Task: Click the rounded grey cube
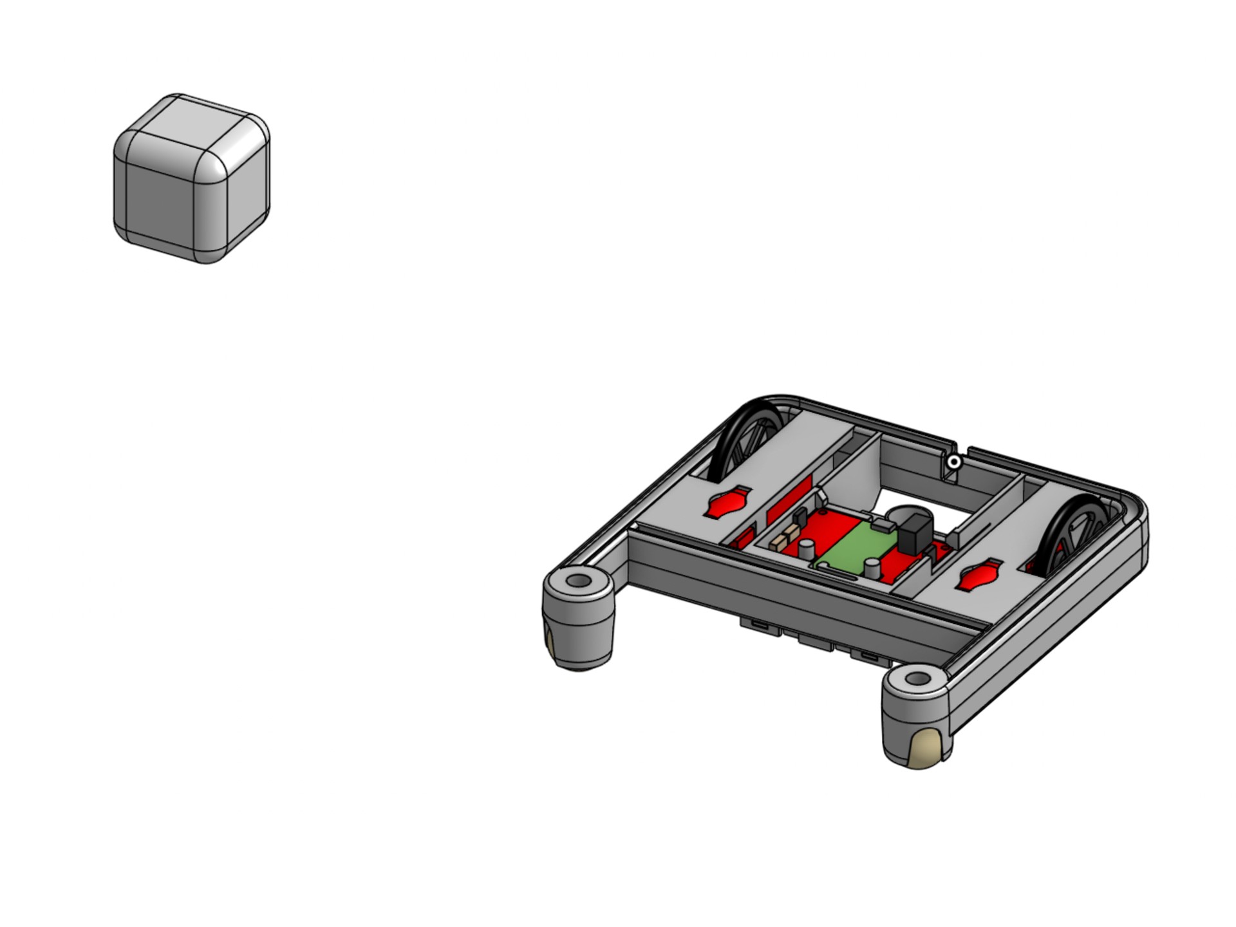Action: [x=191, y=187]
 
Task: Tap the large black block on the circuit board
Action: [x=915, y=535]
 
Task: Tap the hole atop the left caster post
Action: [x=578, y=581]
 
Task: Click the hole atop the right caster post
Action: [x=917, y=679]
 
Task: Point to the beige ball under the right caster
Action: [x=927, y=750]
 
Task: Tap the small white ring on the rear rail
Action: [x=955, y=462]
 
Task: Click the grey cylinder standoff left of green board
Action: [x=807, y=549]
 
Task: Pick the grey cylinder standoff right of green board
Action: [x=872, y=568]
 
